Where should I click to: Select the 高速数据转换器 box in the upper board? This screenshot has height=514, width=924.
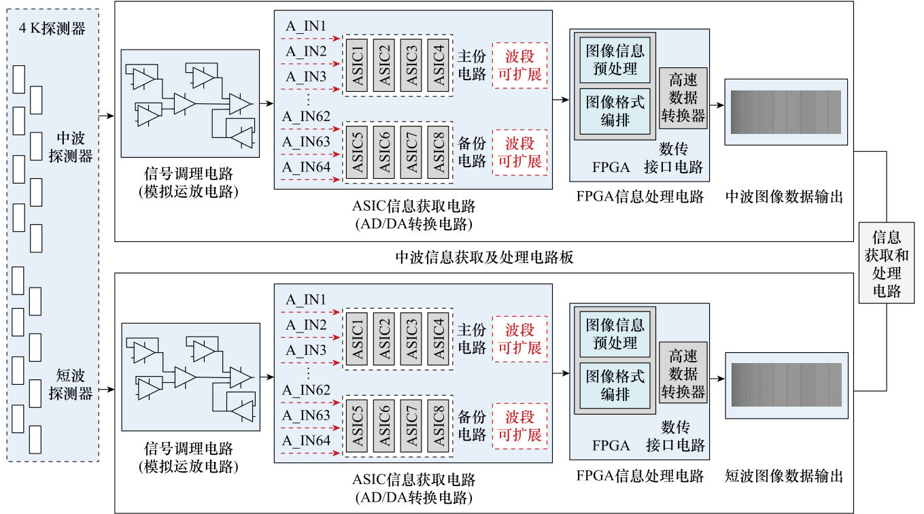683,98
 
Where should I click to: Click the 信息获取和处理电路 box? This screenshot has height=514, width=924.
886,264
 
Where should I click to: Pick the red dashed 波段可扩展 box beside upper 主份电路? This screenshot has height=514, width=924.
520,65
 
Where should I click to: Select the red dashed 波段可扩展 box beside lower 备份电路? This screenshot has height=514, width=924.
520,426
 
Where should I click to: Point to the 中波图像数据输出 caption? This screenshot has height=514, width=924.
785,197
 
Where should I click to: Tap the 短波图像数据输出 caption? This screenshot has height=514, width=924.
785,476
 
